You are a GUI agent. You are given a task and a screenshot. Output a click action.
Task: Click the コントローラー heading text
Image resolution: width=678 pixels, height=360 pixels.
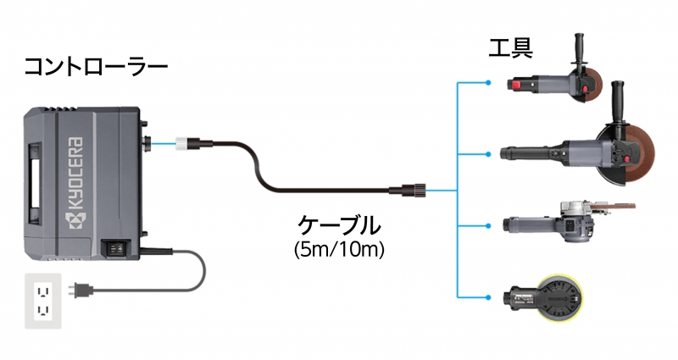[96, 67]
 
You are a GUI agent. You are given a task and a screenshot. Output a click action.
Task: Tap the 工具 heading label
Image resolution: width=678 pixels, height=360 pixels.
[510, 48]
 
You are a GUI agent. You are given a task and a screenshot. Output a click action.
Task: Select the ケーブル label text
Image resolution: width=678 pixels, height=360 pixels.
[339, 225]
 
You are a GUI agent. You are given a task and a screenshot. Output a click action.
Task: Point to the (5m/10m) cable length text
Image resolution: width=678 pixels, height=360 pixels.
[339, 249]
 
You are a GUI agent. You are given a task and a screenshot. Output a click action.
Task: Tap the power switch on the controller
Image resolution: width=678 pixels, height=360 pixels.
[114, 248]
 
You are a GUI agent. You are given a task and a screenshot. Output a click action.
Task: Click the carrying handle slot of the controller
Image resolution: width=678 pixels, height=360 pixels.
[36, 184]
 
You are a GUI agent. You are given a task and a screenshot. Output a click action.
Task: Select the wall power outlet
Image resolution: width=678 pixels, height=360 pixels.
[43, 301]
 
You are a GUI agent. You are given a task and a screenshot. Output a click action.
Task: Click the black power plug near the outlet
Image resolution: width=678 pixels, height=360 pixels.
[81, 290]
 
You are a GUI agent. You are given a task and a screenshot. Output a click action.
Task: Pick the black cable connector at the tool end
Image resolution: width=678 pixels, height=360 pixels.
[408, 190]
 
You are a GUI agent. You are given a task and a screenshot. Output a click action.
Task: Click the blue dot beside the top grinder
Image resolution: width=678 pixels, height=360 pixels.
[488, 82]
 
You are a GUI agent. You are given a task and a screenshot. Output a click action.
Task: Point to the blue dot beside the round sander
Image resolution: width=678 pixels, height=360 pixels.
[488, 297]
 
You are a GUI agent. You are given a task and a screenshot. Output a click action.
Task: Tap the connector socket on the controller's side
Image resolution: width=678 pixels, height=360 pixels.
[147, 143]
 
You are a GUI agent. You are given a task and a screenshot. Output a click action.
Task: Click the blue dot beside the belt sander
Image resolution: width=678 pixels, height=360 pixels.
[488, 225]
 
